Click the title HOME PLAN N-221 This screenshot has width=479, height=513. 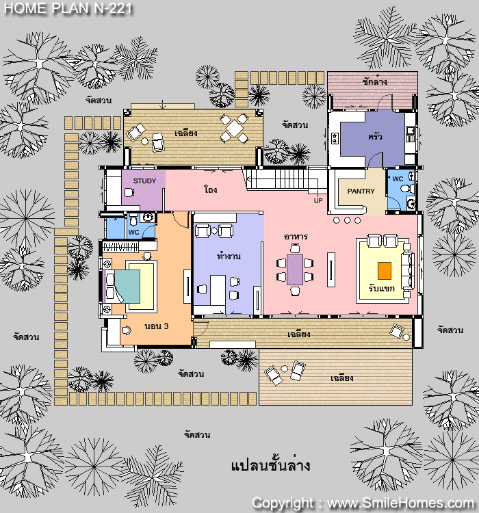(x=68, y=8)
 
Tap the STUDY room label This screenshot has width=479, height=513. (x=144, y=181)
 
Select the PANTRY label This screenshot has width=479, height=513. (x=361, y=191)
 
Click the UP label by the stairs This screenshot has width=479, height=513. (x=318, y=200)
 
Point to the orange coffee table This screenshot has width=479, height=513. (x=385, y=271)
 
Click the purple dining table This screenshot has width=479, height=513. (x=295, y=269)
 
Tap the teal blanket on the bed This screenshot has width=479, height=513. (x=127, y=287)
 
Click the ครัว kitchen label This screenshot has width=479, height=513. (x=375, y=136)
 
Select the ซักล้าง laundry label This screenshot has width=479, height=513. (x=374, y=81)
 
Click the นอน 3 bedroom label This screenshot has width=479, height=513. (x=157, y=326)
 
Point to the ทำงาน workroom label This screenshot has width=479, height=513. (x=229, y=256)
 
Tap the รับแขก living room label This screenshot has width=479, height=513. (x=381, y=288)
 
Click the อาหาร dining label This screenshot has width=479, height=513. (x=296, y=236)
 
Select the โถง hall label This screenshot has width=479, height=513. (x=211, y=189)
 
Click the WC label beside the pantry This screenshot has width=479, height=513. (x=398, y=179)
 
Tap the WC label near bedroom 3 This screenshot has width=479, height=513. (x=134, y=233)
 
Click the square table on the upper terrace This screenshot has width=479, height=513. (x=235, y=129)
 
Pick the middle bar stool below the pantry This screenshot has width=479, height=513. (x=347, y=220)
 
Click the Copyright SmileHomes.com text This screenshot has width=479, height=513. (x=363, y=503)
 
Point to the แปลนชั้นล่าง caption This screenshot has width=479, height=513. (x=270, y=465)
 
